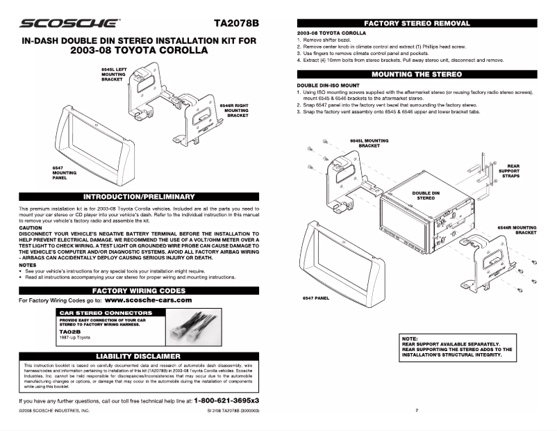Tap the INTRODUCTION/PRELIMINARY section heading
click(139, 197)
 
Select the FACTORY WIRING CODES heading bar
click(139, 289)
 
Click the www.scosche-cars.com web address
click(148, 300)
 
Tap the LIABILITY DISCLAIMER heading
click(139, 356)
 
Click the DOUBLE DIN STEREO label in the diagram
click(425, 195)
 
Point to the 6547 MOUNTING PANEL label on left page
click(63, 172)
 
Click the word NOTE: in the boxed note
click(410, 339)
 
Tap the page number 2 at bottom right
click(417, 410)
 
